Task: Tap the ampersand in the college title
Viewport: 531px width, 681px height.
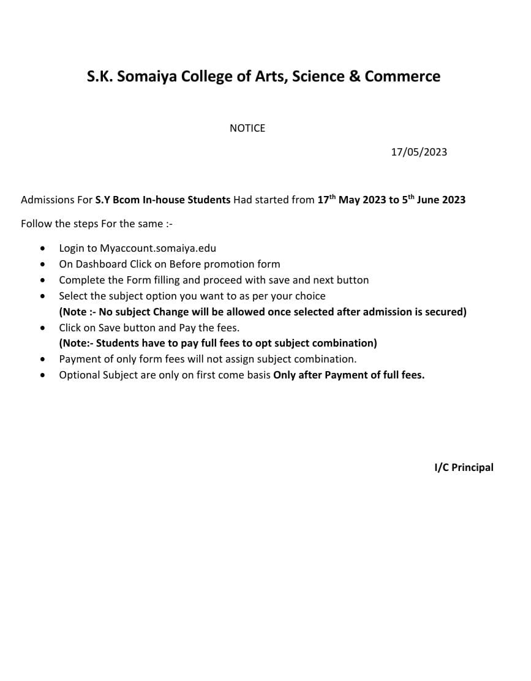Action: click(354, 77)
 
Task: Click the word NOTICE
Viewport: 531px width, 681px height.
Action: click(247, 128)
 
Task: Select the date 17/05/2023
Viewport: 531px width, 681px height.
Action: click(419, 152)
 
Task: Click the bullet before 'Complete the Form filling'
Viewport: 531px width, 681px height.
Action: click(42, 280)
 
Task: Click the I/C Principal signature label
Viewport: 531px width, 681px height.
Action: click(464, 467)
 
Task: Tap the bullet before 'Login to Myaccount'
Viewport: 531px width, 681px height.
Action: click(42, 249)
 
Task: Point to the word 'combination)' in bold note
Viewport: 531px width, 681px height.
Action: click(344, 343)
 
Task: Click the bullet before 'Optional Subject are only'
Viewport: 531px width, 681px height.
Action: click(42, 375)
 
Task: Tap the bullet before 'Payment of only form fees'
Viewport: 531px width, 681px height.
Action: click(42, 359)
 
